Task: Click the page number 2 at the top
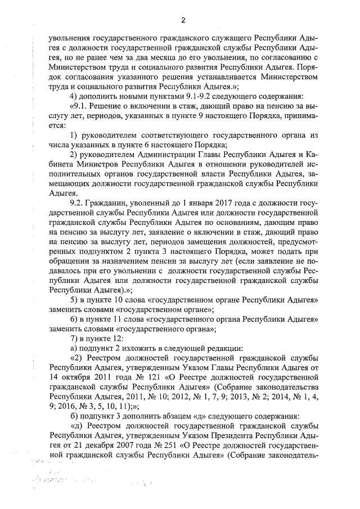tap(183, 21)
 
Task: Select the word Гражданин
tap(107, 202)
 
